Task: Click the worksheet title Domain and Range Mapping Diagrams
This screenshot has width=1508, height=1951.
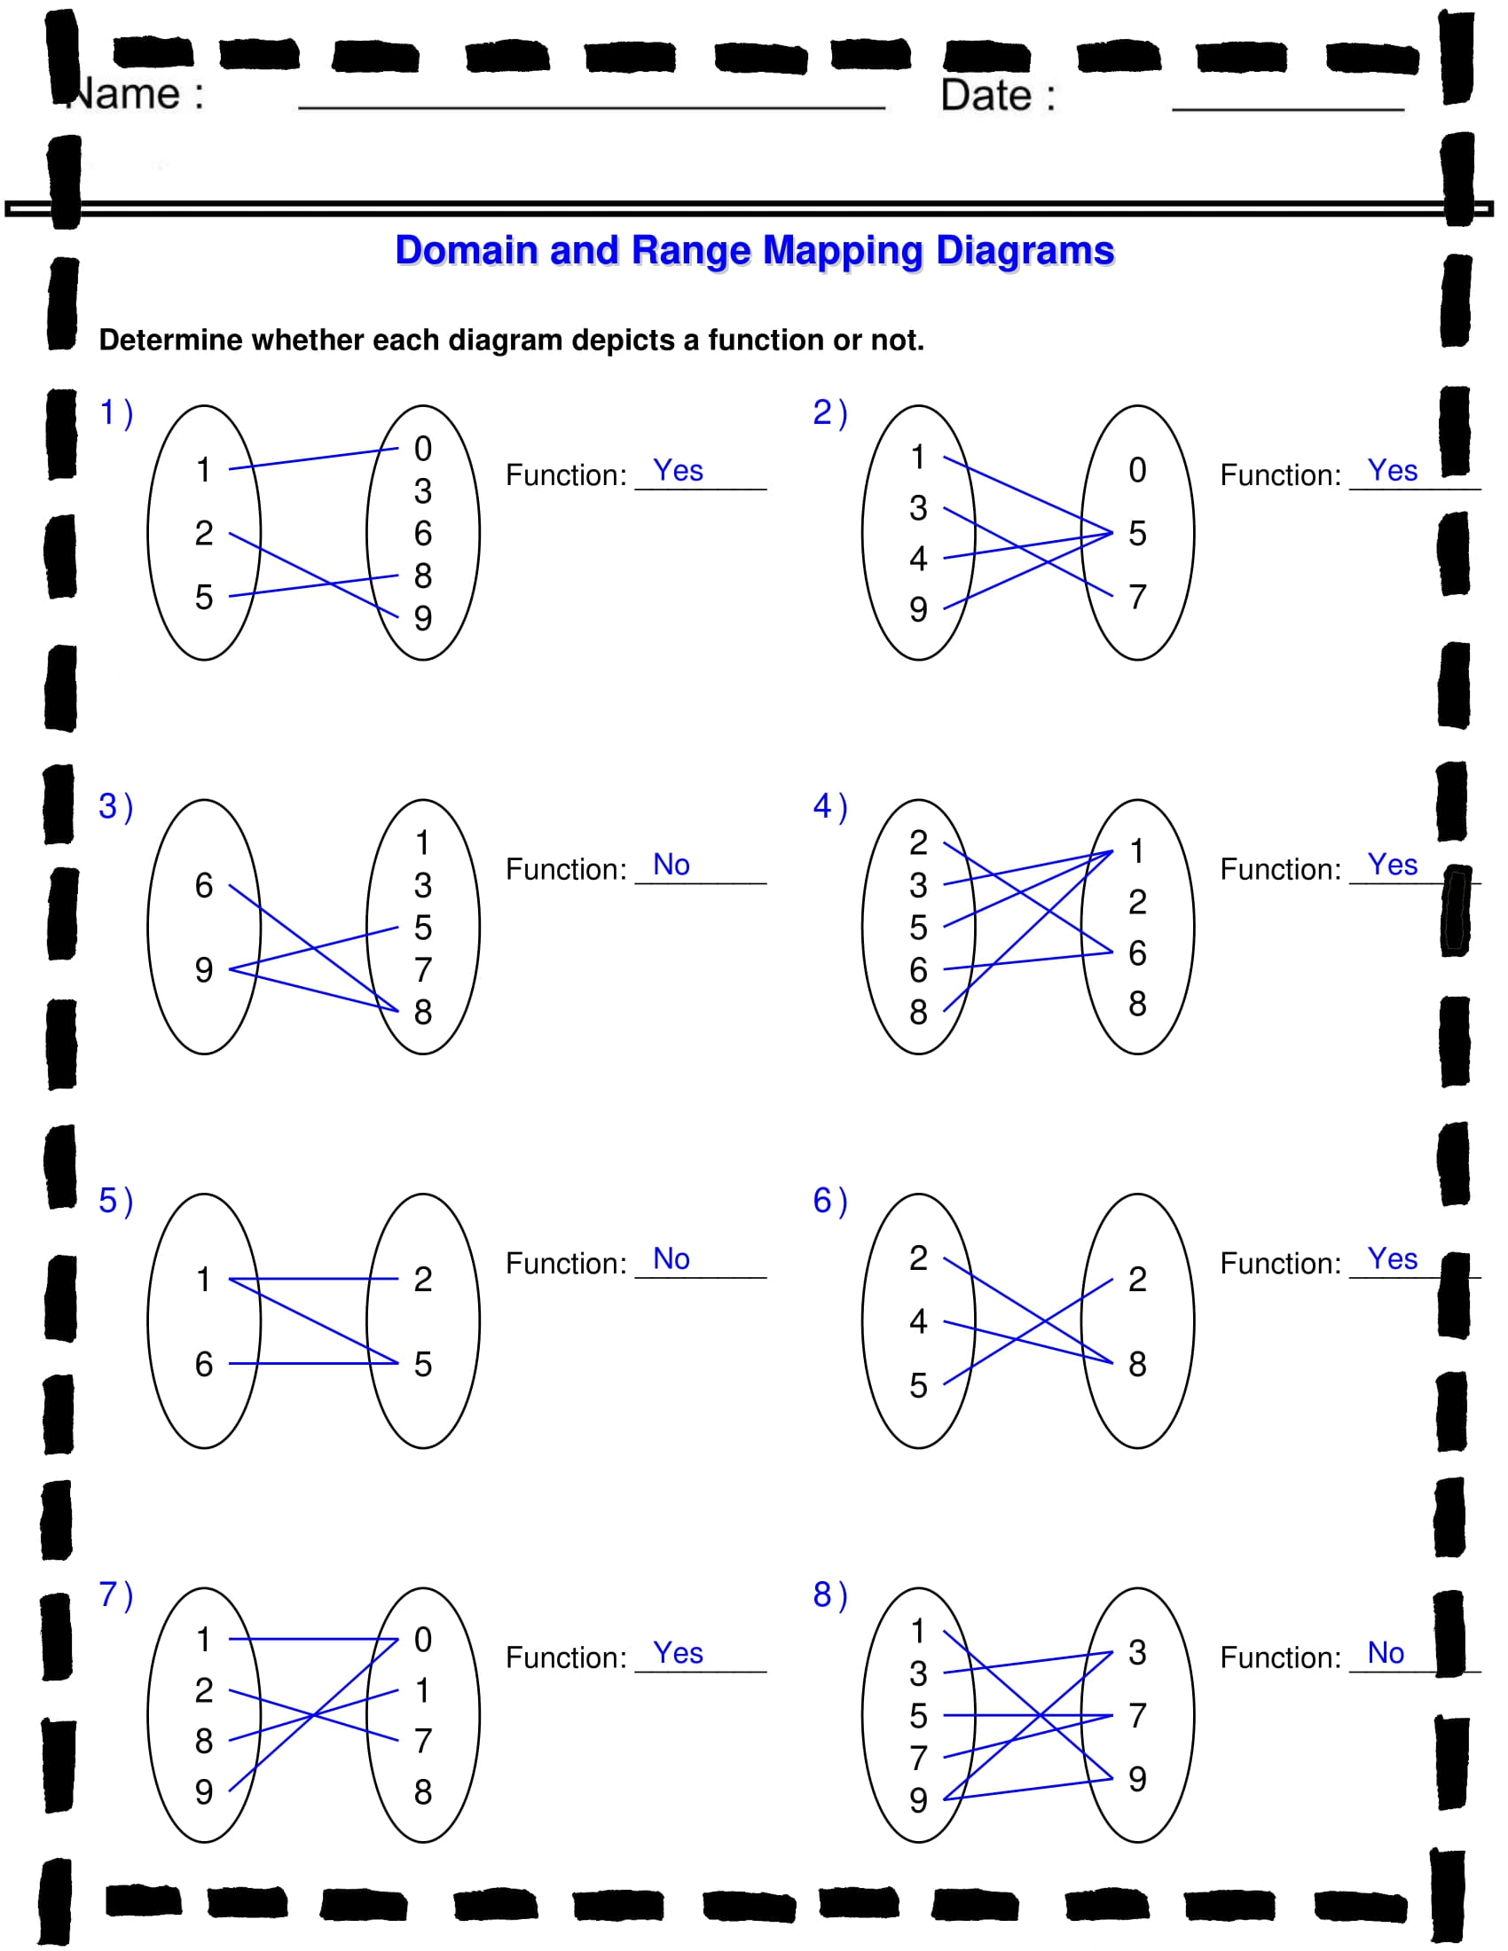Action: click(754, 250)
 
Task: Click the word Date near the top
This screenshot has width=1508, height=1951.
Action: click(986, 96)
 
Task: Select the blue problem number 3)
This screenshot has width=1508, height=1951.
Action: click(115, 807)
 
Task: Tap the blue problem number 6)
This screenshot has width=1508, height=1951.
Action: click(829, 1201)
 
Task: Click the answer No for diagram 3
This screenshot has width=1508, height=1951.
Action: click(671, 865)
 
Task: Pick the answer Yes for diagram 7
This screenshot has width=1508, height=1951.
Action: click(677, 1653)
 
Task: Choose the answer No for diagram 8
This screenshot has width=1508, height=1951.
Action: click(1385, 1653)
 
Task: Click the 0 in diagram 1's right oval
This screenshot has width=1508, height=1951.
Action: click(422, 449)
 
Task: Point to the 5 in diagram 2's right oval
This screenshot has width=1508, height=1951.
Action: click(1136, 533)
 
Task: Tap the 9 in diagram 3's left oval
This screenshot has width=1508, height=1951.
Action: click(204, 969)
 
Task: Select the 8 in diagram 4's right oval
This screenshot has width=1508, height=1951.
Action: click(1136, 1003)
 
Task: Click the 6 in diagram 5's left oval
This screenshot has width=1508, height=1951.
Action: click(204, 1364)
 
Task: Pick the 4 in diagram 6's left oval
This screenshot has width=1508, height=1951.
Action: click(917, 1321)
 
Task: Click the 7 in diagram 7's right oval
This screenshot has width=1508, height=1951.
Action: click(422, 1740)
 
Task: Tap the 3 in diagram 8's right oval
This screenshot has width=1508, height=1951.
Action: click(1136, 1652)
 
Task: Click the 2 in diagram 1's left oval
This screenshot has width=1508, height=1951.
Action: click(204, 533)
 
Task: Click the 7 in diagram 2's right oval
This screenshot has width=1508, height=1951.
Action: click(1136, 597)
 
